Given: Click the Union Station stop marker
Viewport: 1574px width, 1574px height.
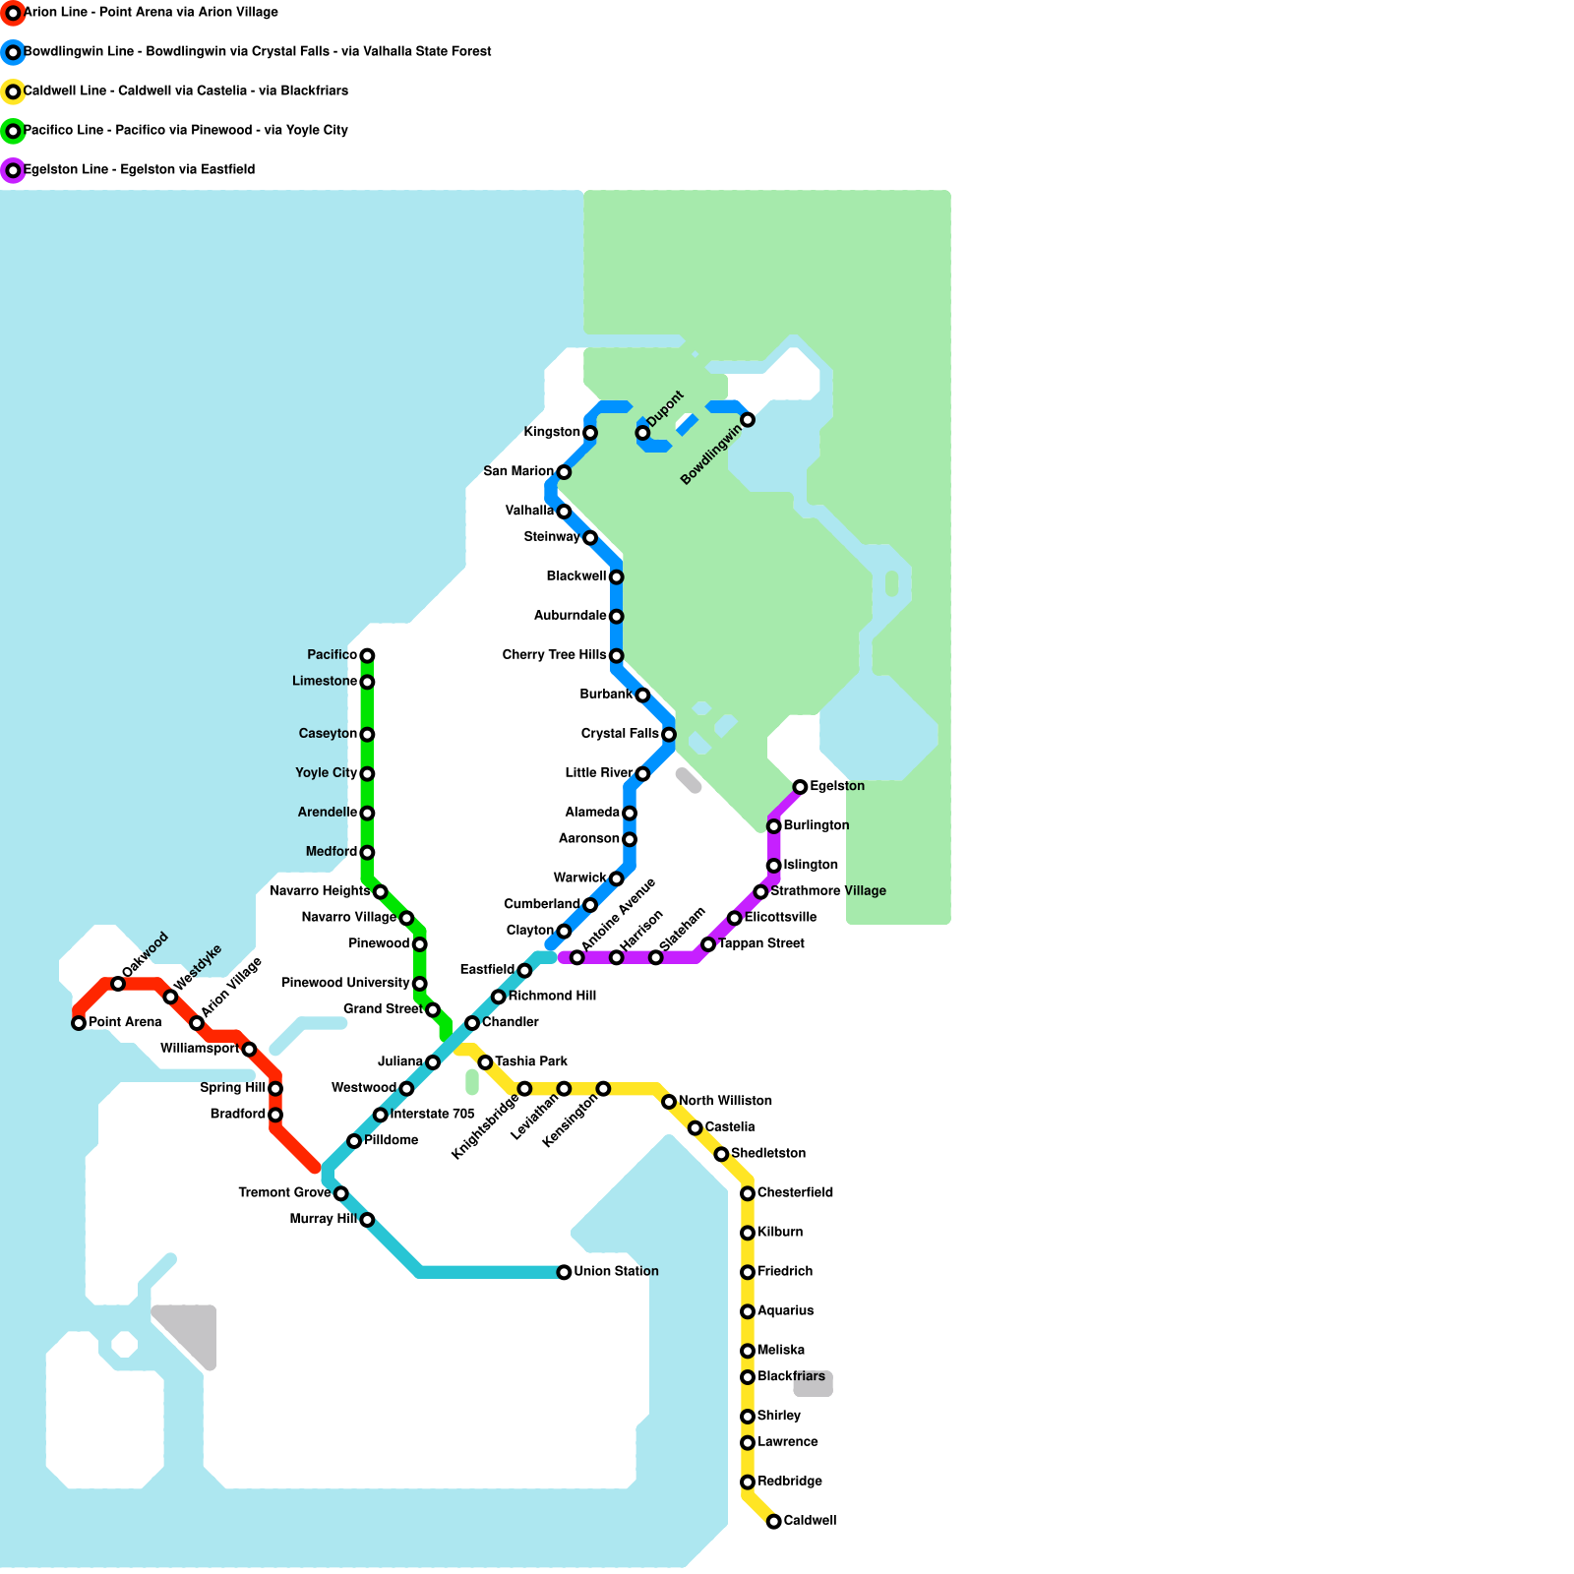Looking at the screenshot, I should (x=564, y=1272).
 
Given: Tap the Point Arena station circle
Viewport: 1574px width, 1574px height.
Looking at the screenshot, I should (x=79, y=1023).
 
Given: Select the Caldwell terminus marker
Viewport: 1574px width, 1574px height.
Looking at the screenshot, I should (x=774, y=1522).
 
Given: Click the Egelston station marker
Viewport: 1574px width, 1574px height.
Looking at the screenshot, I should (x=801, y=787).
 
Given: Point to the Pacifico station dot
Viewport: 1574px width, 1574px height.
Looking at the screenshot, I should (x=367, y=655).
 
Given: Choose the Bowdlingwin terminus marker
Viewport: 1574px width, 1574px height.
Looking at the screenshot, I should (x=748, y=420).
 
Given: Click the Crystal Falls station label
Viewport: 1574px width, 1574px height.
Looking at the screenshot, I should (x=620, y=734).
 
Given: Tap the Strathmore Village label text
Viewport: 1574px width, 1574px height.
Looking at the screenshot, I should (x=828, y=891).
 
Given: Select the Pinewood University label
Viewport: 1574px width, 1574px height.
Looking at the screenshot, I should (x=345, y=983).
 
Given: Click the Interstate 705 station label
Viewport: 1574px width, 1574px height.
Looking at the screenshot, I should (x=433, y=1115).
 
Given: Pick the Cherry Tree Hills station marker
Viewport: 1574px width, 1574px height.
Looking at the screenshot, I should (x=616, y=656).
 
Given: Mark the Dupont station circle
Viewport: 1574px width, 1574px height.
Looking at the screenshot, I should (x=642, y=433).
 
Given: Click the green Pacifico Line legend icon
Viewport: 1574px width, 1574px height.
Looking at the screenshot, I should (x=13, y=131).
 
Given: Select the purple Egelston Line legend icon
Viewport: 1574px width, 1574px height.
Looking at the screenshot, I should (x=13, y=170).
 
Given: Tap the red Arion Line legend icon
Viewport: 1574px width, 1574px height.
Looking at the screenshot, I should (x=13, y=13).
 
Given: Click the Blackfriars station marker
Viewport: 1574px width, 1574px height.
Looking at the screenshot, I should (x=748, y=1377).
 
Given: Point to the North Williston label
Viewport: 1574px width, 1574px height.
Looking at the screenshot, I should (x=725, y=1101).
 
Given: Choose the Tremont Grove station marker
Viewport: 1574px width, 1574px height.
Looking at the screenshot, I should (x=340, y=1193).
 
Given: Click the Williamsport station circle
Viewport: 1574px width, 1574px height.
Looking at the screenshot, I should (x=249, y=1050).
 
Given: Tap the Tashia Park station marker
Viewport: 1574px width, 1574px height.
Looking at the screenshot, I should (x=485, y=1062).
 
